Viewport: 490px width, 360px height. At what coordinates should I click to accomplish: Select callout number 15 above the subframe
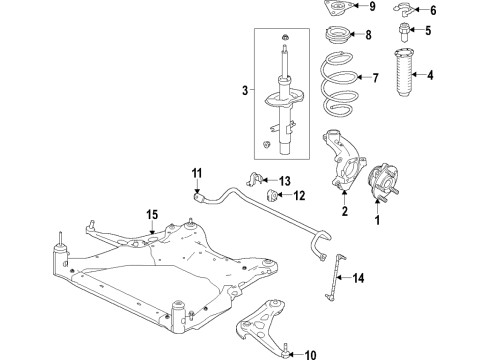pyautogui.click(x=152, y=214)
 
